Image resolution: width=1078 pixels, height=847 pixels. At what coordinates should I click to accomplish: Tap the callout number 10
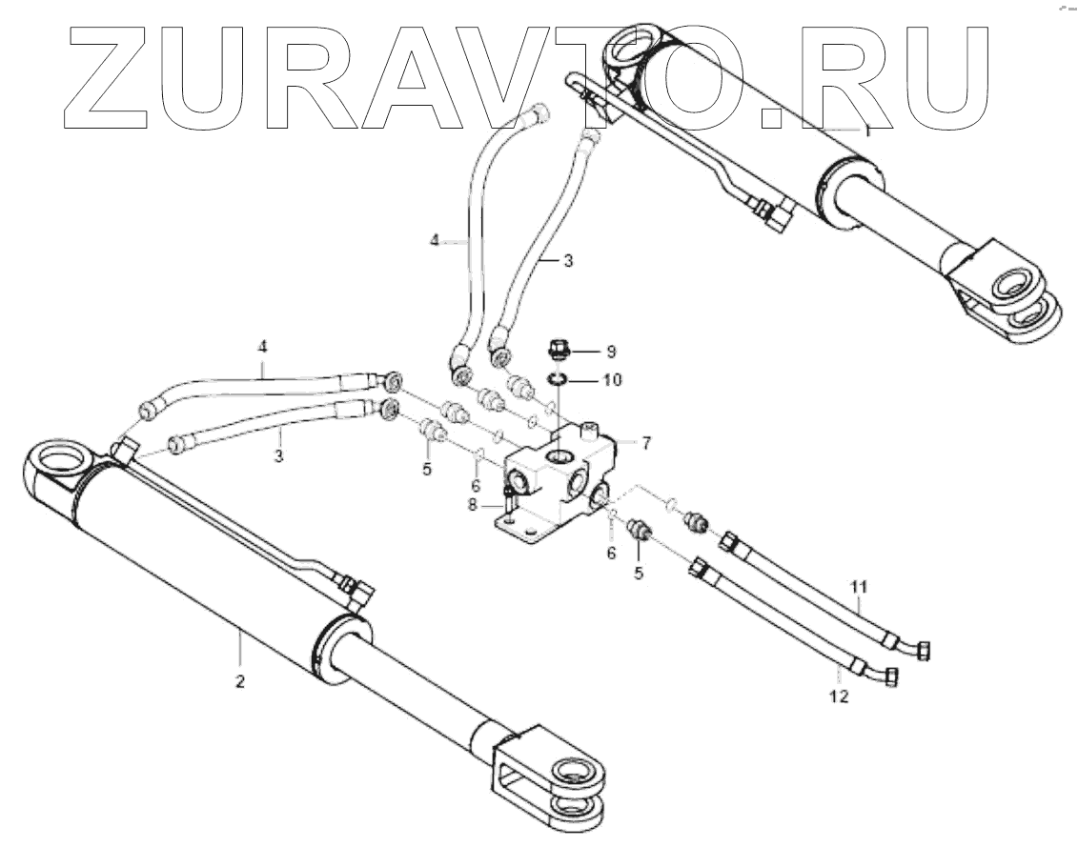[611, 379]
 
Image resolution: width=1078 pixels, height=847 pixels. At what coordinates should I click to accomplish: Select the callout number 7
[645, 442]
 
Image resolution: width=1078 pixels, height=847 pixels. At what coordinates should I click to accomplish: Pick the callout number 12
[839, 696]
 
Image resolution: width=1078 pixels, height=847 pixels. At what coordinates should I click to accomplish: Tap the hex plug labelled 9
[559, 350]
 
